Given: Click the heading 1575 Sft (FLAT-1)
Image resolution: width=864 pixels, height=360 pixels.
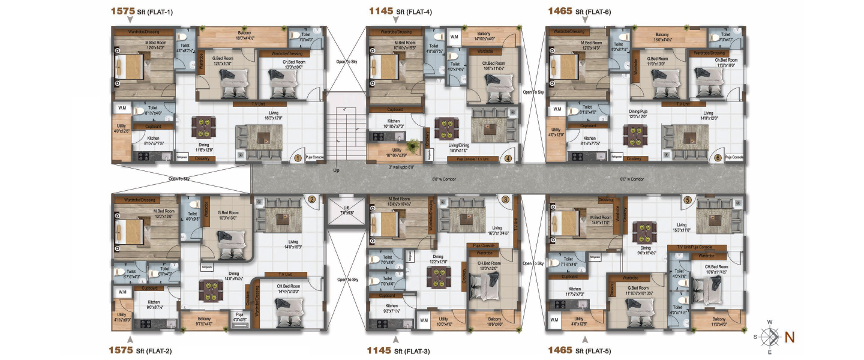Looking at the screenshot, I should click(142, 11).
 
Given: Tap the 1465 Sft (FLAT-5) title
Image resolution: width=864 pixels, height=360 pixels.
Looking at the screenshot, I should click(579, 350).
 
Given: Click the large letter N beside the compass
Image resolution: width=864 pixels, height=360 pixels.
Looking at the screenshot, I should click(790, 337).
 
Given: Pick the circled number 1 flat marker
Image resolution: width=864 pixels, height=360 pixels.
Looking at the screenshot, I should click(296, 158).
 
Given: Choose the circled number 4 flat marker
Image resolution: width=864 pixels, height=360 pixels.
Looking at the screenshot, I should click(508, 158).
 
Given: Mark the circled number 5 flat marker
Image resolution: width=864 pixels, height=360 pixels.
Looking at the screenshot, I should click(688, 200).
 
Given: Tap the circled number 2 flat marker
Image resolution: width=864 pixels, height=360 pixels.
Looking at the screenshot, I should click(311, 200).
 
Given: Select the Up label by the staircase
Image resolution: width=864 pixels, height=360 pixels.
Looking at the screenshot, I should click(336, 170).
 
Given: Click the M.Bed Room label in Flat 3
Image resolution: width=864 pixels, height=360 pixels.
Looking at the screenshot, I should click(398, 201).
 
